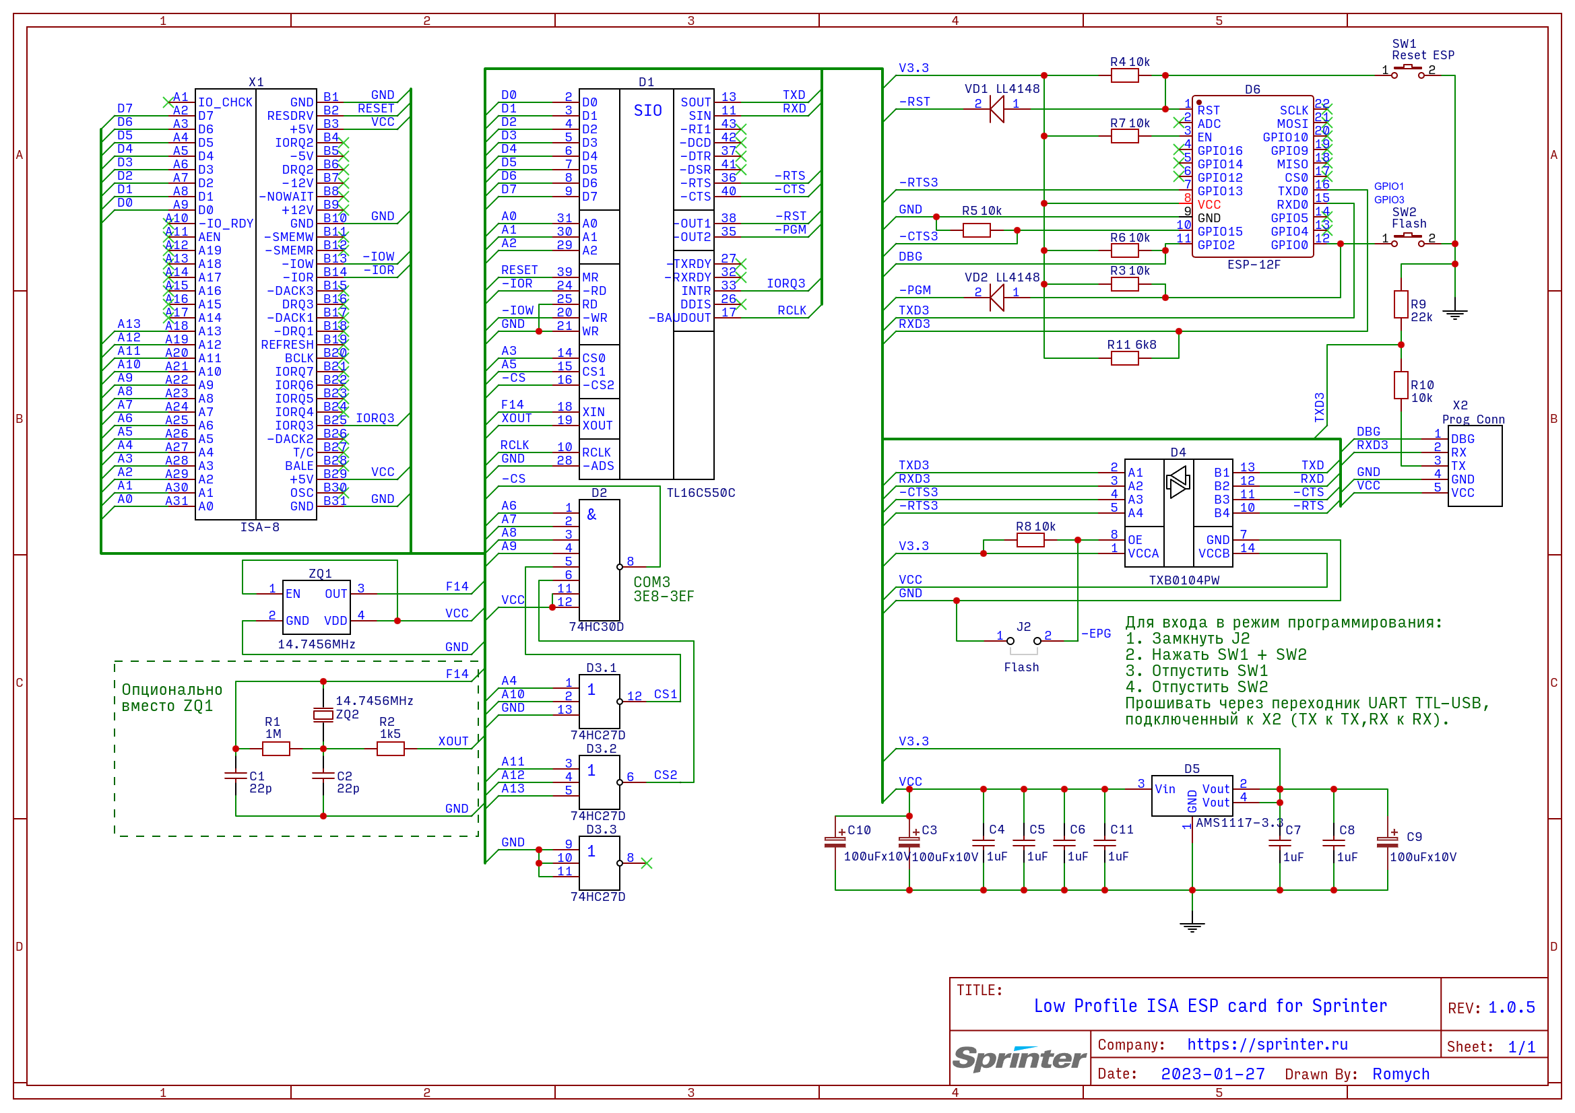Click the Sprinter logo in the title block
coord(1019,1058)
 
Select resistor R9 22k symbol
coord(1401,304)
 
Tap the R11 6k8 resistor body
coord(1124,358)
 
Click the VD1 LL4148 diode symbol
coord(997,109)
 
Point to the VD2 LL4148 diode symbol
coord(997,298)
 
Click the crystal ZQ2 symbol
coord(323,715)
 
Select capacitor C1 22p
coord(235,776)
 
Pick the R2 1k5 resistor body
coord(390,749)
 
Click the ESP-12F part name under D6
coord(1253,265)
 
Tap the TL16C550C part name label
coord(701,493)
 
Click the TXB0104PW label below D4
coord(1184,580)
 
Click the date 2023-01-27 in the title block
coord(1212,1074)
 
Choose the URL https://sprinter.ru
coord(1267,1044)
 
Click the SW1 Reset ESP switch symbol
coord(1407,70)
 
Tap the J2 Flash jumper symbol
coord(1023,641)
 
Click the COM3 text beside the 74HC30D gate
coord(651,582)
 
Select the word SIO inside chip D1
coord(647,110)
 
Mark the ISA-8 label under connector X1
coord(259,527)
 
